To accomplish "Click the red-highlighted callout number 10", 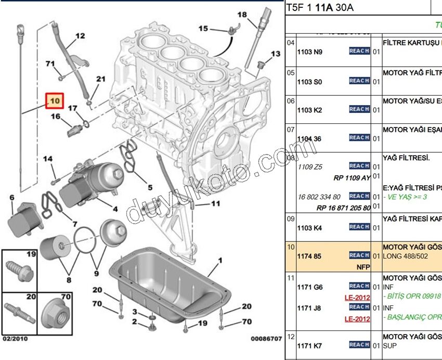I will (x=55, y=100).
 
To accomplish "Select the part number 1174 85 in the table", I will (x=309, y=256).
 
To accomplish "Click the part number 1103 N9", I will (x=309, y=52).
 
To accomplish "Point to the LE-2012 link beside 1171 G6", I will (x=357, y=298).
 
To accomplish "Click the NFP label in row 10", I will (x=363, y=266).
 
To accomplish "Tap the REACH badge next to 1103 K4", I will (x=359, y=227).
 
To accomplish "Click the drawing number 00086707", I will (x=266, y=339).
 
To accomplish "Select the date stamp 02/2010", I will (x=16, y=339).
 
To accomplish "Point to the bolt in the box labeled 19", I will (x=19, y=271).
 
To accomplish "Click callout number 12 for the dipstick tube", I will (x=80, y=36).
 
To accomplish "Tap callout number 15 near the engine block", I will (x=203, y=28).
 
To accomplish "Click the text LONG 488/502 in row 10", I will (x=404, y=256).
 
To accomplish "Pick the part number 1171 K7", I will (x=309, y=345).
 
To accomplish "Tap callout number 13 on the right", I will (x=275, y=54).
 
